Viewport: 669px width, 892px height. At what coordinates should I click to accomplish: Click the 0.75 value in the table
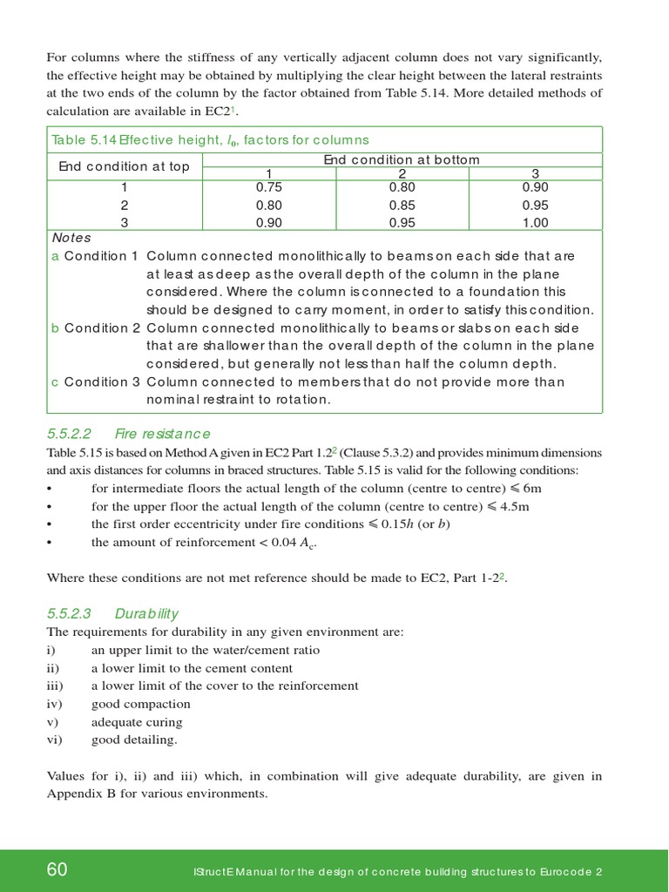269,187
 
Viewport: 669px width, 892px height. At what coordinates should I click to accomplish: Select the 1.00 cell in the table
535,223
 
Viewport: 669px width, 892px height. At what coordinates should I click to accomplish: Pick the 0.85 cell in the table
402,206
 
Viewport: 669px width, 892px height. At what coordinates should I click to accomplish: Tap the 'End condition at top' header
124,166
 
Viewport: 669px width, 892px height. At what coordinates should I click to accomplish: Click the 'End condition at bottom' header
402,159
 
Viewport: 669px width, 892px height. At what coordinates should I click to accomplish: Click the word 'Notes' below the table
71,238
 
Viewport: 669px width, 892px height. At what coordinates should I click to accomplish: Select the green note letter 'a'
56,256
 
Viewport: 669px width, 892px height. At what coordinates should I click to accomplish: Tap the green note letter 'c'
56,382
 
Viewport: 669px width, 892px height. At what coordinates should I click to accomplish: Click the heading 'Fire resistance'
163,434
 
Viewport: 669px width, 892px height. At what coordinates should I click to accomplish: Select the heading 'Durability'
146,614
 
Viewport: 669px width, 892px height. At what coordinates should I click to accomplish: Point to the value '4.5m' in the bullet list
515,506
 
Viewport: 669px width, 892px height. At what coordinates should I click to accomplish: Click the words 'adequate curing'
137,722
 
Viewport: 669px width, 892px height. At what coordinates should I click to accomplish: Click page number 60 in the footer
57,870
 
